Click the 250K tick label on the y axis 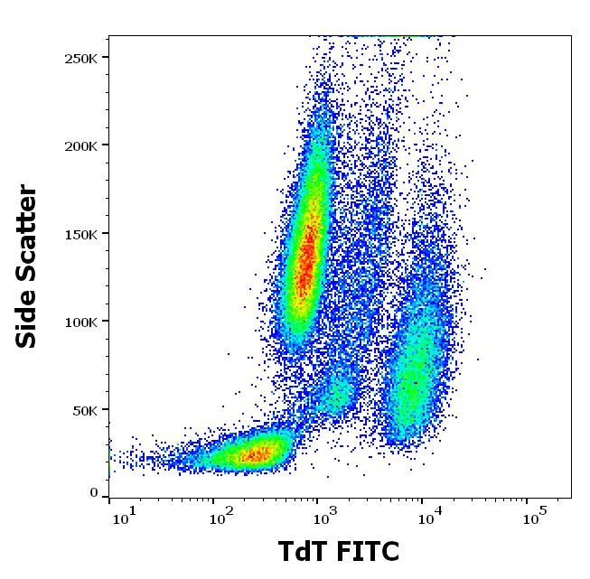click(82, 58)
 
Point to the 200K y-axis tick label click(82, 145)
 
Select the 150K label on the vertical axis click(82, 234)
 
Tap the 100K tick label click(82, 322)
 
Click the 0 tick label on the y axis click(95, 493)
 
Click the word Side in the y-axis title click(28, 315)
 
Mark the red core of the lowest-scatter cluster click(251, 454)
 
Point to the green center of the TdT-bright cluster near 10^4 click(414, 379)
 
